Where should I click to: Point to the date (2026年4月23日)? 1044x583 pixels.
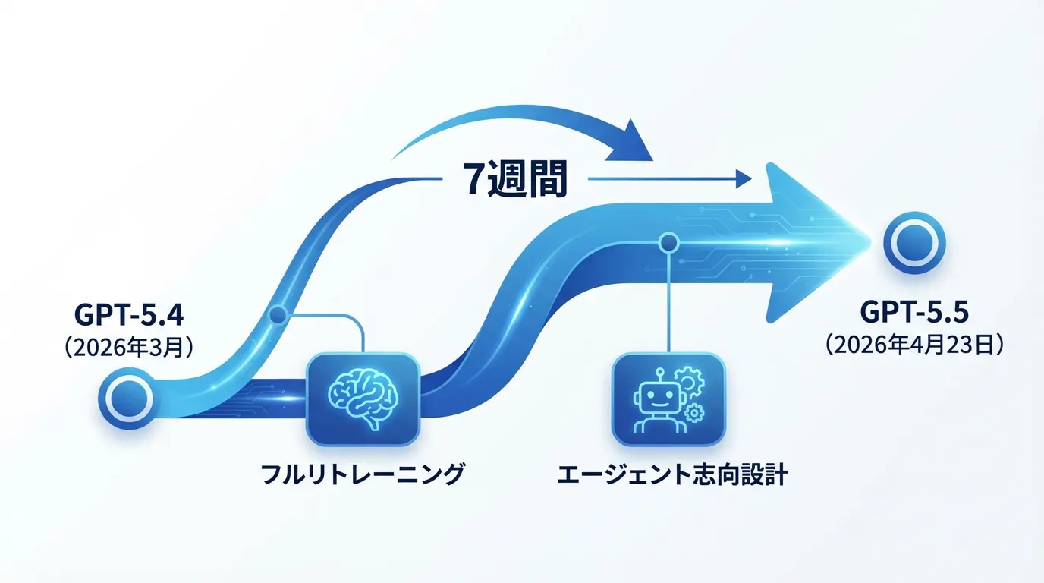pyautogui.click(x=915, y=345)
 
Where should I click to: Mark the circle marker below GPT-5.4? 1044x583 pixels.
pyautogui.click(x=128, y=397)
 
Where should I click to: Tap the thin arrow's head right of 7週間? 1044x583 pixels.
pyautogui.click(x=742, y=180)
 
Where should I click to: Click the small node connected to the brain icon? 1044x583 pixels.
pyautogui.click(x=278, y=314)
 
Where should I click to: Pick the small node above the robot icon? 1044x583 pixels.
pyautogui.click(x=668, y=243)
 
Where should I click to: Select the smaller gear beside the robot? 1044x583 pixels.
pyautogui.click(x=693, y=412)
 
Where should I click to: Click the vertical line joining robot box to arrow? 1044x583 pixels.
pyautogui.click(x=668, y=304)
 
